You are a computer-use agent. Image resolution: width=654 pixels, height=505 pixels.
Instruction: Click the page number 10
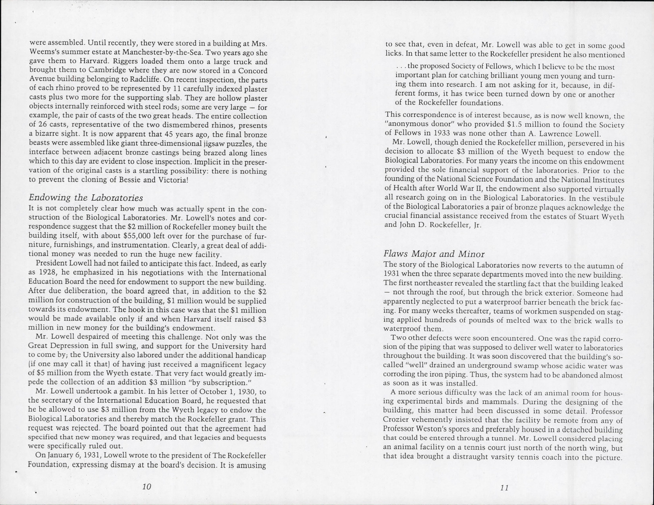click(x=146, y=487)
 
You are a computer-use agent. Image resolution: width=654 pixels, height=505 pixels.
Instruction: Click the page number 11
click(x=504, y=488)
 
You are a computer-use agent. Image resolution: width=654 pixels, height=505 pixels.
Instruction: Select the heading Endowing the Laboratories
click(x=85, y=198)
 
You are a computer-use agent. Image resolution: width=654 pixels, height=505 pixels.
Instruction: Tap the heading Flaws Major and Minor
click(x=434, y=254)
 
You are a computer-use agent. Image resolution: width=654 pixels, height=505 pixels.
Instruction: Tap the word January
click(x=59, y=456)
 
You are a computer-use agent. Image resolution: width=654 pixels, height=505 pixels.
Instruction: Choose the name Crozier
click(x=398, y=420)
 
